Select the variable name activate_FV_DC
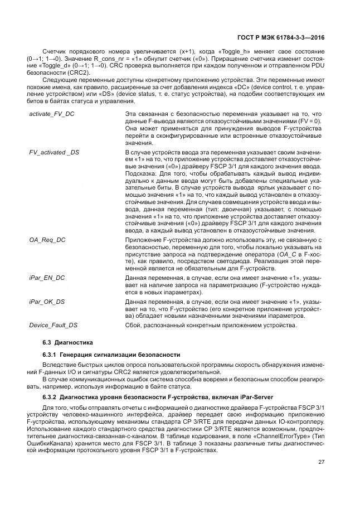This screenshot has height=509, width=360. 51,114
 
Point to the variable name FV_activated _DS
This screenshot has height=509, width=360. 54,152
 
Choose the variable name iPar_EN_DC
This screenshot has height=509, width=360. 47,277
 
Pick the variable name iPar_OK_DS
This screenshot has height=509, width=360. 47,301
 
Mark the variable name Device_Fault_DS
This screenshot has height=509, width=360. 53,325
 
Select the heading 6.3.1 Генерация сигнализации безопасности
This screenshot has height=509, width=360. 111,355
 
